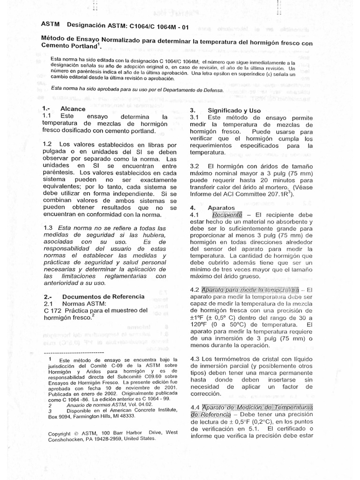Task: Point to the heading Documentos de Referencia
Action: tap(97, 297)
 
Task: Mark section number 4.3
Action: tap(195, 358)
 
